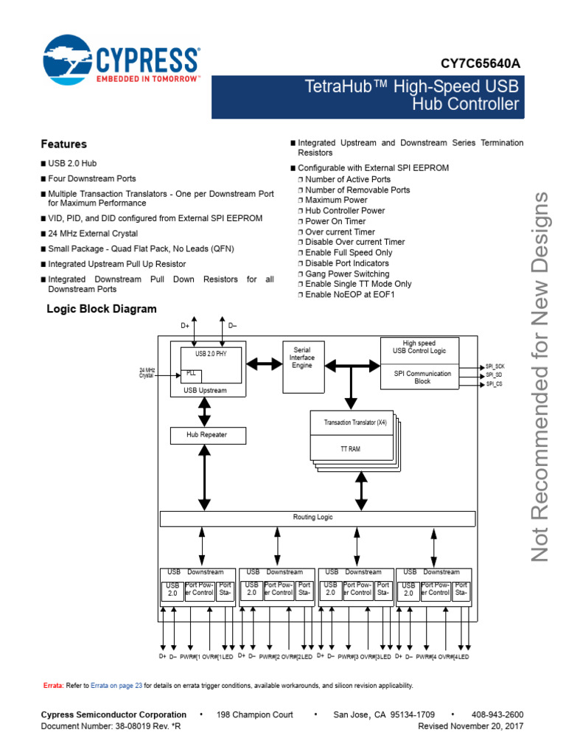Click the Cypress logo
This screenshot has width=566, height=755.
(x=122, y=63)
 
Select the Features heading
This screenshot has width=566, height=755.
(x=63, y=144)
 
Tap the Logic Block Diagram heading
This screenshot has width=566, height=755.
(x=102, y=308)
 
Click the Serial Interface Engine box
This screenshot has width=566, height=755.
(x=303, y=358)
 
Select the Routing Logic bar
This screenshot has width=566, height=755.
(x=313, y=518)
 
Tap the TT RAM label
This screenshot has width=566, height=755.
(x=349, y=448)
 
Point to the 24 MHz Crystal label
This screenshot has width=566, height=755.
(x=147, y=372)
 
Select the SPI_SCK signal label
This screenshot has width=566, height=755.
(x=495, y=366)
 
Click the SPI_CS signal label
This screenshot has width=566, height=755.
(x=494, y=384)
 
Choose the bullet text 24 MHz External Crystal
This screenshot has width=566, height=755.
(x=94, y=232)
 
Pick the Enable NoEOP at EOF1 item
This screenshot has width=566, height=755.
(x=350, y=294)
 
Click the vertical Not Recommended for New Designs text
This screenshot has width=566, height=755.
(x=542, y=376)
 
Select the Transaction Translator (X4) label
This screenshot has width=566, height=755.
(x=354, y=422)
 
